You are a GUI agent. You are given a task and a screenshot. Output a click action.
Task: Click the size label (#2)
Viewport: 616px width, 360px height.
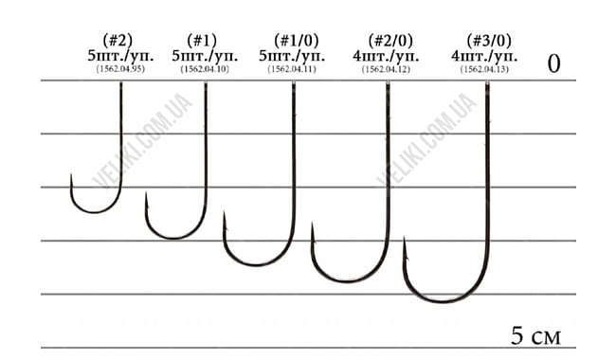click(119, 40)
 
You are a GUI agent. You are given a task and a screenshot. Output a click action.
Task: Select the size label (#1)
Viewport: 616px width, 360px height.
click(202, 40)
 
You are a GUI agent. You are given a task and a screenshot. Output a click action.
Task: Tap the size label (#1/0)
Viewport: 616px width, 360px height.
click(291, 40)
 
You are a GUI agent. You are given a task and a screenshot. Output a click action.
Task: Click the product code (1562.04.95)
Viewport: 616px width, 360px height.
click(119, 69)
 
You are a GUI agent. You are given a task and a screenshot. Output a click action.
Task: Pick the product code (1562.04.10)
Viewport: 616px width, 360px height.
click(202, 69)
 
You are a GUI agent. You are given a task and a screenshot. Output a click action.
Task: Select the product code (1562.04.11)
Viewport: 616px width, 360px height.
click(291, 69)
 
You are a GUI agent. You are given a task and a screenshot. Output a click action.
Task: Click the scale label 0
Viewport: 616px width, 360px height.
click(554, 63)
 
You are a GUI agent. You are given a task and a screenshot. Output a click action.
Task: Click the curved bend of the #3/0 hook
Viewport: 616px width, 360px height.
click(445, 300)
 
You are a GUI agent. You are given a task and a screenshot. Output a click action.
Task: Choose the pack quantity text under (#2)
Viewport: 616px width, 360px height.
click(119, 55)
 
